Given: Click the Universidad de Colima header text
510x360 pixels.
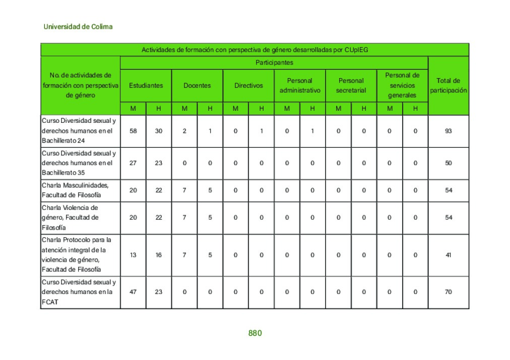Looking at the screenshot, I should (x=78, y=27).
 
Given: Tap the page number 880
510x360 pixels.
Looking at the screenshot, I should (x=255, y=333).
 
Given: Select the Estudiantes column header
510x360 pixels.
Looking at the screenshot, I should (x=146, y=86).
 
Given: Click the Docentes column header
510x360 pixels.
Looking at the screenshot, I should (x=197, y=86).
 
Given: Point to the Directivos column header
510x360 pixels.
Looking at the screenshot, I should (x=248, y=86).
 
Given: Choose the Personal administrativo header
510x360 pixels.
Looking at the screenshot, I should (x=300, y=86).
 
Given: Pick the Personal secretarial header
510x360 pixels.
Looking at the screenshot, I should (x=351, y=86).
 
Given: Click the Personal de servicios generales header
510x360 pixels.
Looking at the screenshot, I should (x=402, y=85).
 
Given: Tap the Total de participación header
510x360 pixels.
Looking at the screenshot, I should (x=449, y=86).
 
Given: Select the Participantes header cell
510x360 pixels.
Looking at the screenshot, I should (x=274, y=63).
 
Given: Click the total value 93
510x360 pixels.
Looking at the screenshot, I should (x=449, y=131).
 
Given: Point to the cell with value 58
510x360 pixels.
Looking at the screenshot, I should (x=133, y=131).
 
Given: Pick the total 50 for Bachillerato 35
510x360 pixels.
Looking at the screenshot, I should (x=449, y=163).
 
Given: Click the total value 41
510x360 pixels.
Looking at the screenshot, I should (x=449, y=255).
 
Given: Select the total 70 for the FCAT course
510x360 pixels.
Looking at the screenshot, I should (x=449, y=292).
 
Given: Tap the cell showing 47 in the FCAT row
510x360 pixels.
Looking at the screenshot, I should (x=133, y=292).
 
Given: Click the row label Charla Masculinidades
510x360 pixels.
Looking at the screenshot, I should (x=76, y=190).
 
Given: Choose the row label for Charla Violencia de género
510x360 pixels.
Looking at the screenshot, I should (x=71, y=218).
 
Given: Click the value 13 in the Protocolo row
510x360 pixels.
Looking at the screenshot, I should (x=133, y=255).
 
